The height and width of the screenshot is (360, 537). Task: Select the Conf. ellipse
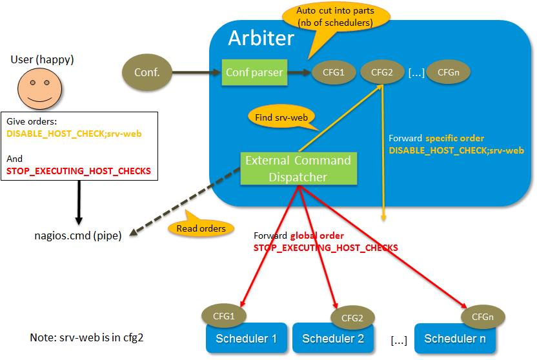[147, 72]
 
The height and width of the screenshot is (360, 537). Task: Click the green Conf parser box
[254, 72]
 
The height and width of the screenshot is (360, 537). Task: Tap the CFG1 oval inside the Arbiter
[333, 72]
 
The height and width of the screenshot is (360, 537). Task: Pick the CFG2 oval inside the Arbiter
[382, 72]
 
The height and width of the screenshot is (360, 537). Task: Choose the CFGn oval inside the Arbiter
[448, 72]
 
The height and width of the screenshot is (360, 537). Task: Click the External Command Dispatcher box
[298, 168]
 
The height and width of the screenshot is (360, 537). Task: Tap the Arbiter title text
[261, 38]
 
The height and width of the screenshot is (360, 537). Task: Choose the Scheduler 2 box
[333, 338]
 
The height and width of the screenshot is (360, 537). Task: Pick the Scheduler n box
[454, 338]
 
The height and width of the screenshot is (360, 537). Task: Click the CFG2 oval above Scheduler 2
[352, 317]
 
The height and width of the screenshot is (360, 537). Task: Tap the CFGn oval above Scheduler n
[483, 316]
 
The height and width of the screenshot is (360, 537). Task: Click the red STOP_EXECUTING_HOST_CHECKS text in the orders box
[78, 171]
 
